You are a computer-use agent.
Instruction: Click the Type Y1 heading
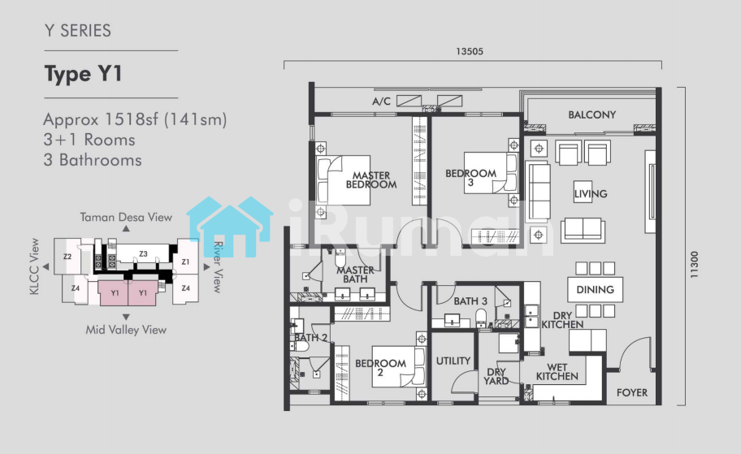[83, 74]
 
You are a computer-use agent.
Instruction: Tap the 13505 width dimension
[470, 51]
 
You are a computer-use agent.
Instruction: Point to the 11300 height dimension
[694, 264]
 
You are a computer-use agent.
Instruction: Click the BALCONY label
[591, 115]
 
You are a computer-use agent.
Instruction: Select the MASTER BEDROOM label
[371, 180]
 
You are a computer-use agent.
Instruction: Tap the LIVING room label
[591, 193]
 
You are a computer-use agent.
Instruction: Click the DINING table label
[595, 290]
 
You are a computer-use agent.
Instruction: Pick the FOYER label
[632, 392]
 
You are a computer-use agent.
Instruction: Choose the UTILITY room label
[453, 361]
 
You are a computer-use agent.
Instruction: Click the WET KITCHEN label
[557, 372]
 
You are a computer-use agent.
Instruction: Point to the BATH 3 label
[470, 301]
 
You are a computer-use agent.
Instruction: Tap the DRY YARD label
[496, 377]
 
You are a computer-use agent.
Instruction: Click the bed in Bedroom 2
[398, 367]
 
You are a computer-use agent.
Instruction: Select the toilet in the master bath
[340, 258]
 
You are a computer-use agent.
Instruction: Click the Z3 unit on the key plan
[143, 253]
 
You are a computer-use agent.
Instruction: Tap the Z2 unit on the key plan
[67, 257]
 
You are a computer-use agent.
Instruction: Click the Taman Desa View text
[126, 218]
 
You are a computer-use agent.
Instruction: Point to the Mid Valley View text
[126, 330]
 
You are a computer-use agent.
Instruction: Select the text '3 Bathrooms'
[93, 160]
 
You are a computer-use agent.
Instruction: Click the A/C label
[381, 101]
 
